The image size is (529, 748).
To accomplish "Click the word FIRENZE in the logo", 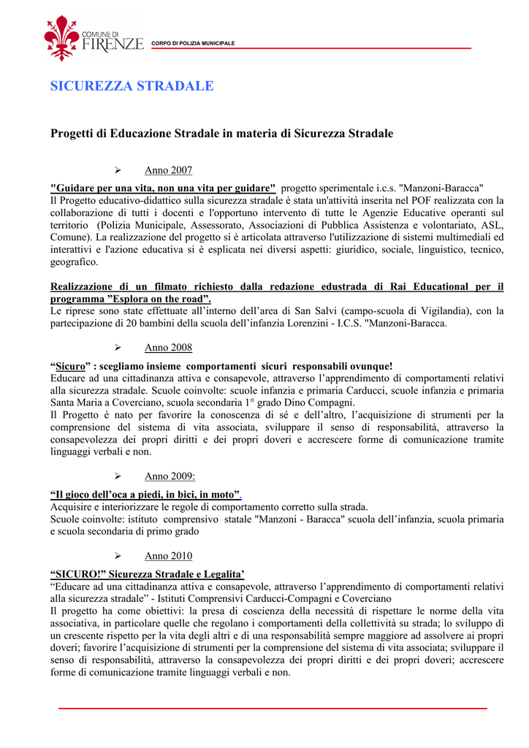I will pyautogui.click(x=113, y=45).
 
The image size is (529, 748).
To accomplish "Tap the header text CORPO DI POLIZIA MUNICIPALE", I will pyautogui.click(x=193, y=44).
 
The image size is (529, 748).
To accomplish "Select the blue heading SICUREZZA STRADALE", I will pyautogui.click(x=132, y=86).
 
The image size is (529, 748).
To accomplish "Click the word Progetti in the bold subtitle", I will pyautogui.click(x=73, y=134).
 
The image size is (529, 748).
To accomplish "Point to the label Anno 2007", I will pyautogui.click(x=168, y=171).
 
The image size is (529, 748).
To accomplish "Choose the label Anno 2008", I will pyautogui.click(x=168, y=348).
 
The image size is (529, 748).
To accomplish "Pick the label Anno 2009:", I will pyautogui.click(x=170, y=476).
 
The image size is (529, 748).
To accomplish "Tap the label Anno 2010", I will pyautogui.click(x=168, y=556).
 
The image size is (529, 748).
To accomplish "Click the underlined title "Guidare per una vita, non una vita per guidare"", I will pyautogui.click(x=162, y=188).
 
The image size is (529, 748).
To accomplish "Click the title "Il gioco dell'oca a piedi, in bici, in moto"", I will pyautogui.click(x=145, y=494).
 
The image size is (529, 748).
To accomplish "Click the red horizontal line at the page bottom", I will pyautogui.click(x=272, y=709).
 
